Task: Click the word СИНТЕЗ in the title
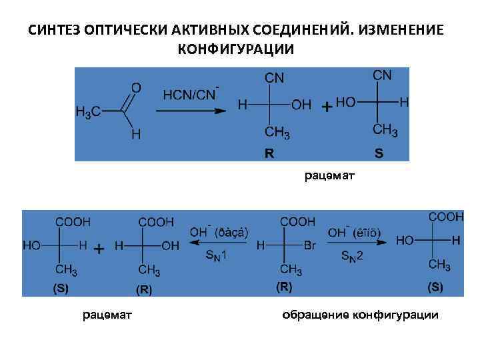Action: point(54,31)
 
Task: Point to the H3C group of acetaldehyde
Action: point(88,113)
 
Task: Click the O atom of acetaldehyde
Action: point(136,87)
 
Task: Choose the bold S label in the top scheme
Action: point(379,153)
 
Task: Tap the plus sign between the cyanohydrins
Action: point(327,106)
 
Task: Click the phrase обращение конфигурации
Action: point(361,315)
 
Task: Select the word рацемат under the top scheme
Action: point(330,177)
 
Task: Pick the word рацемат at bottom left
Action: point(107,315)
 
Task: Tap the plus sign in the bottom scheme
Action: point(99,249)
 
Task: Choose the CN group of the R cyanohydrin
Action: point(275,79)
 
